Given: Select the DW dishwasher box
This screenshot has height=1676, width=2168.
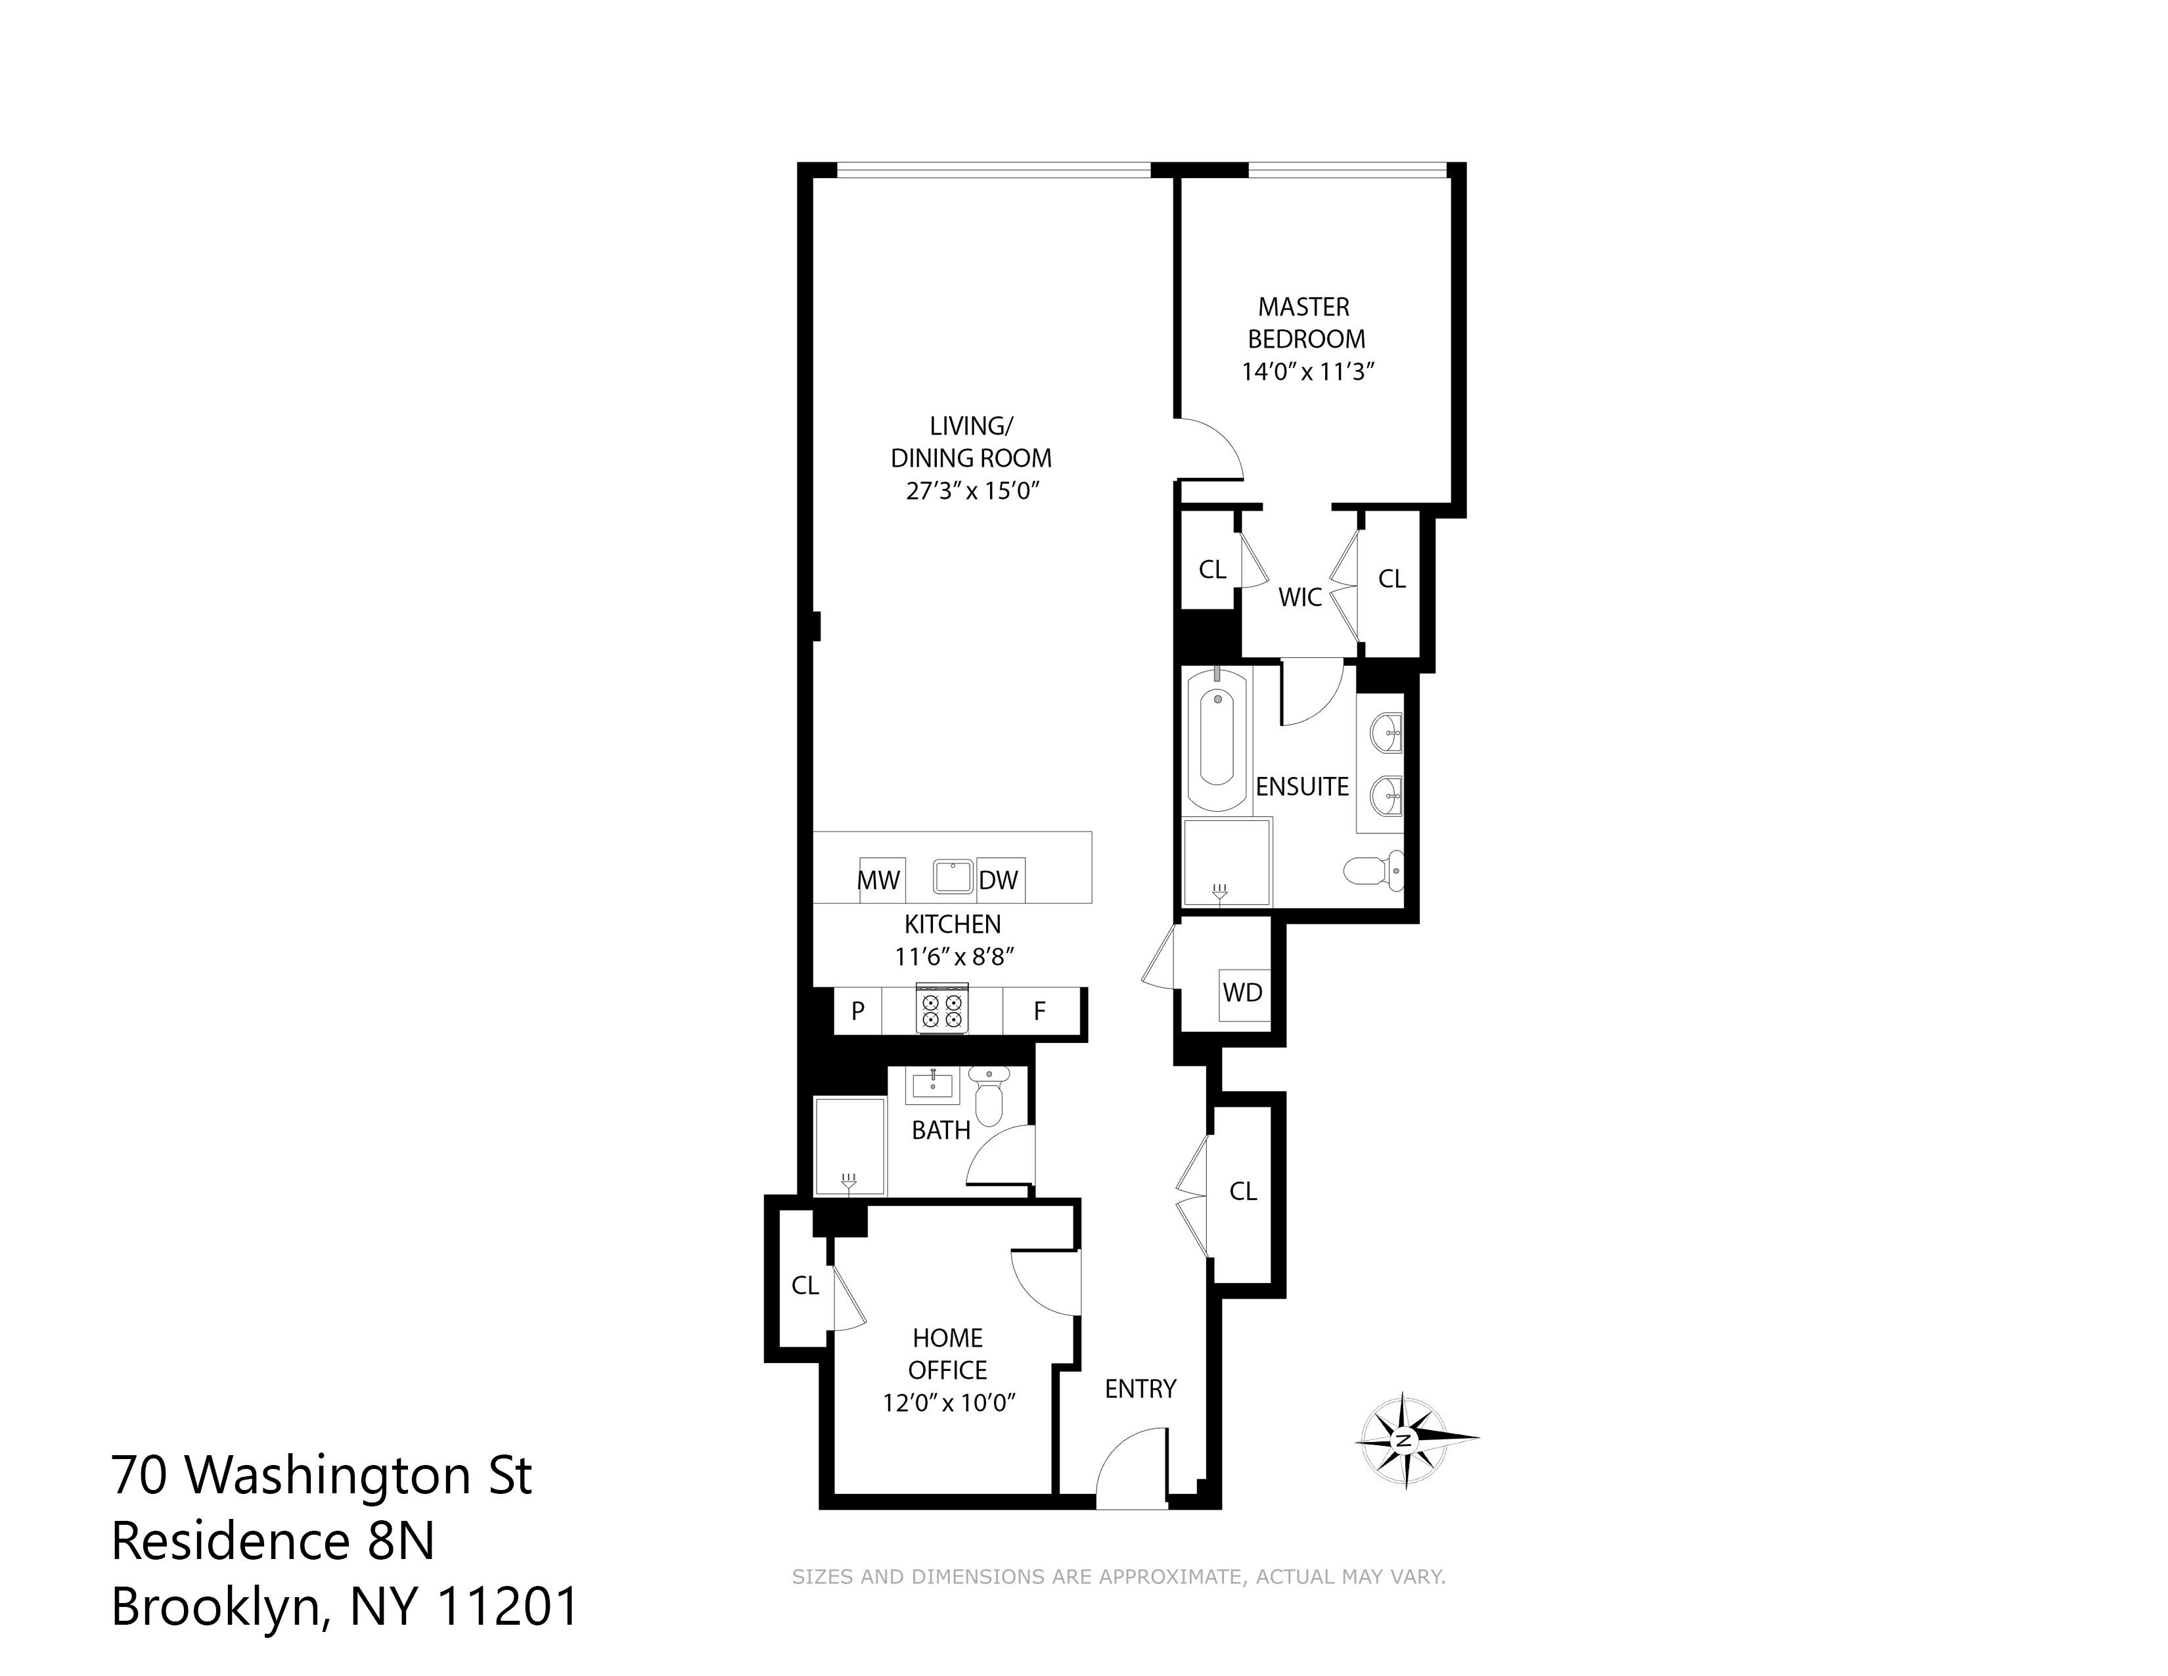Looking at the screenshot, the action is pos(1001,879).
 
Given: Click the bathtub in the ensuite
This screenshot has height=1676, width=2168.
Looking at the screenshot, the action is pos(1217,739).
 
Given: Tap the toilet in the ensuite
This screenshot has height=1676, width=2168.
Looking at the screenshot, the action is pos(1375,871).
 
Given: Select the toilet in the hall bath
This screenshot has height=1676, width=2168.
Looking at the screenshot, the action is pos(989,1094).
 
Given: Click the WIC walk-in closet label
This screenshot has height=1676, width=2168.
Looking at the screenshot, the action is pos(1300,597).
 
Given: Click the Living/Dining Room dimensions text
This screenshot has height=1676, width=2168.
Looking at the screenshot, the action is pos(972,490).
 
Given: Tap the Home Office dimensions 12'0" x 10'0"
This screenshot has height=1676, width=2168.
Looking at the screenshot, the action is pos(949,1403).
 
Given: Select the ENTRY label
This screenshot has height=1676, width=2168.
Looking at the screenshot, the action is pos(1140,1389).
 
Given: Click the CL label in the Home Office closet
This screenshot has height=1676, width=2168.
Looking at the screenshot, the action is pos(805,1286).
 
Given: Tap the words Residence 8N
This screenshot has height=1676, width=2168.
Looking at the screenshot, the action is pos(273,1541).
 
